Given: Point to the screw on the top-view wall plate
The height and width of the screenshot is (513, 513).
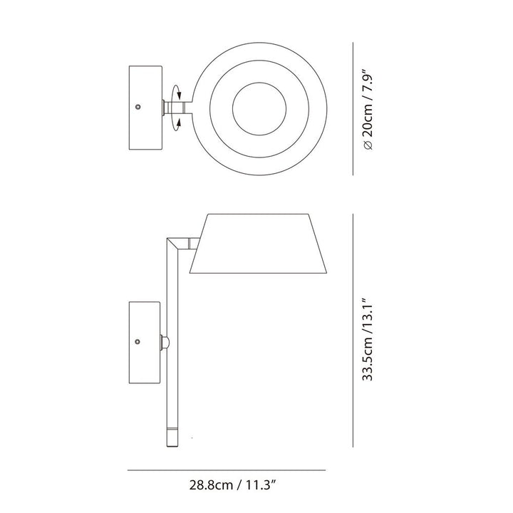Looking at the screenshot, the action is pos(138,107).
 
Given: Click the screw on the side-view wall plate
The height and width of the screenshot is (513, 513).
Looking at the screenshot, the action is pos(138,342).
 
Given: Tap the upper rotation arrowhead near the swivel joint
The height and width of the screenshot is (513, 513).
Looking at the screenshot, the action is pos(179,95).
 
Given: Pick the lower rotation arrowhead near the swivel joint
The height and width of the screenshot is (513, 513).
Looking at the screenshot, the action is pos(179,122).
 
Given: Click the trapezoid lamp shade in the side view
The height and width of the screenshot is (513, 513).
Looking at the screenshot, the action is pos(259,244).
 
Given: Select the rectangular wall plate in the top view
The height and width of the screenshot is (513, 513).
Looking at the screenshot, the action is pos(145,108).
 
